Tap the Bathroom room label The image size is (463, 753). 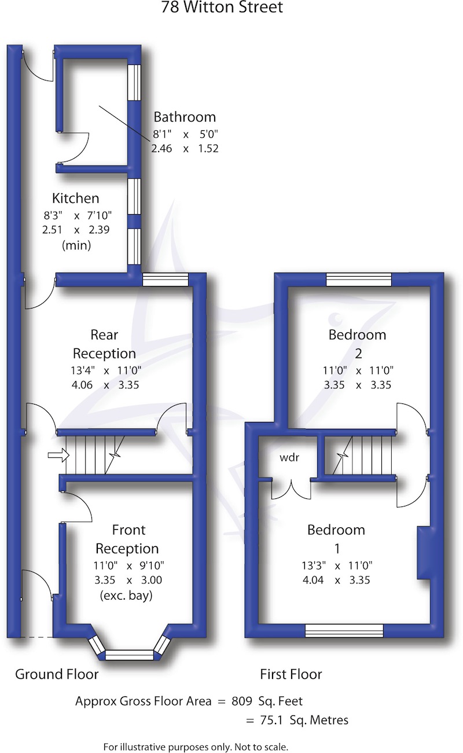tap(184, 117)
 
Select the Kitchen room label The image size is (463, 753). tap(76, 199)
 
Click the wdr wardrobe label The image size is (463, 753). tap(289, 457)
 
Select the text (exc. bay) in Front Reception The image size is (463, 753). tap(126, 595)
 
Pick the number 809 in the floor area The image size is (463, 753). tap(242, 701)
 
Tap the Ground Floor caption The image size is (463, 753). tap(57, 674)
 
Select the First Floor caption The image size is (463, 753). tap(291, 674)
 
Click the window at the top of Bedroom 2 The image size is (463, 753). tap(359, 280)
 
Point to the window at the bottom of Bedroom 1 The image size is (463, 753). tap(344, 631)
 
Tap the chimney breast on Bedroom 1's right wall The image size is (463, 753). tap(423, 552)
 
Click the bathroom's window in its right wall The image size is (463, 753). tap(134, 82)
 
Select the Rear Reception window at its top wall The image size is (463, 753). tap(166, 280)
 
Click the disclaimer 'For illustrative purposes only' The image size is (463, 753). tap(196, 747)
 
